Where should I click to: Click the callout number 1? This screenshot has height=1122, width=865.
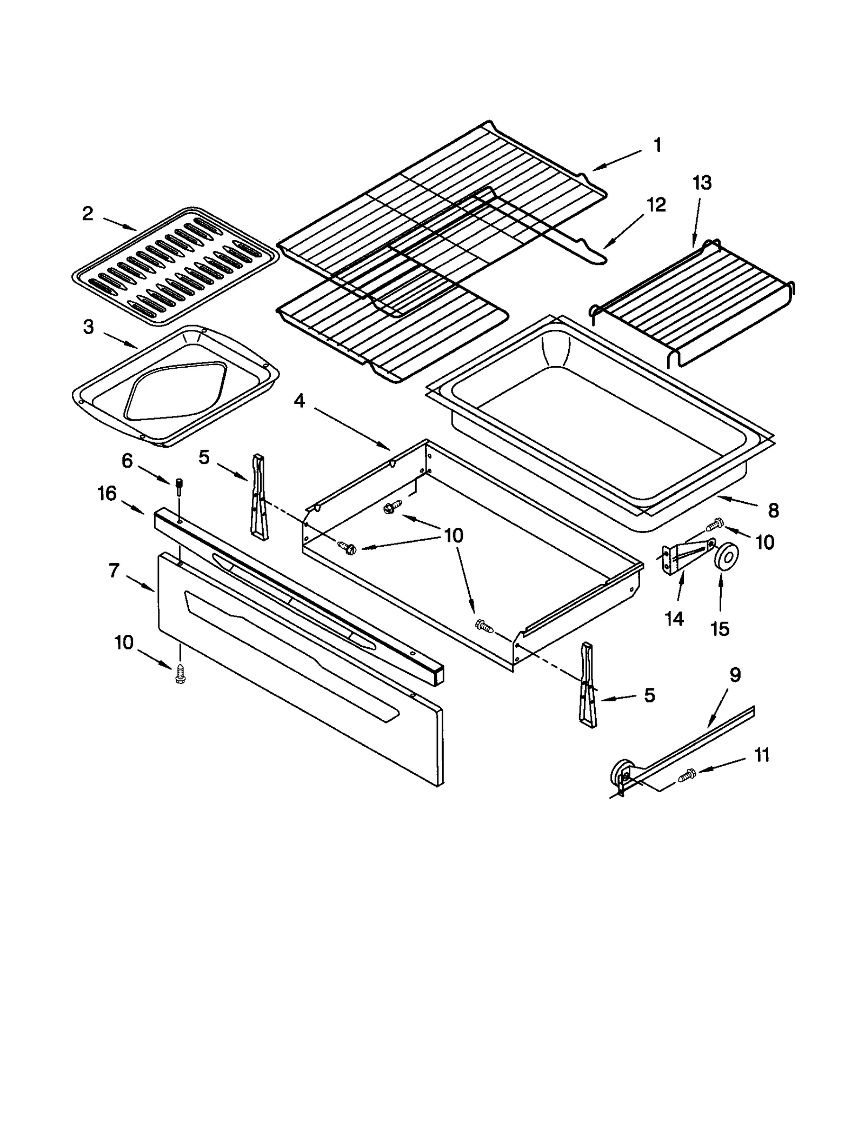tap(657, 145)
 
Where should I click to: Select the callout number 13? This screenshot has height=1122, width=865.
tap(702, 183)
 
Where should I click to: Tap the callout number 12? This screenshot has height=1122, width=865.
tap(656, 205)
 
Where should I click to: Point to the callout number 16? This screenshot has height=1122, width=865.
tap(107, 493)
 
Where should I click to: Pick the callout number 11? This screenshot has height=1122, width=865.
tap(761, 755)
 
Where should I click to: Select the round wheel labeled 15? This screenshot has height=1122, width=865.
tap(726, 557)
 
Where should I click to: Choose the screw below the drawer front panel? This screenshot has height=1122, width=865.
tap(180, 673)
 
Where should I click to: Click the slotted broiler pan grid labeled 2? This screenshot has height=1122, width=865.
tap(176, 265)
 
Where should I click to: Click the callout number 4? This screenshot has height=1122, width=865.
tap(299, 401)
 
